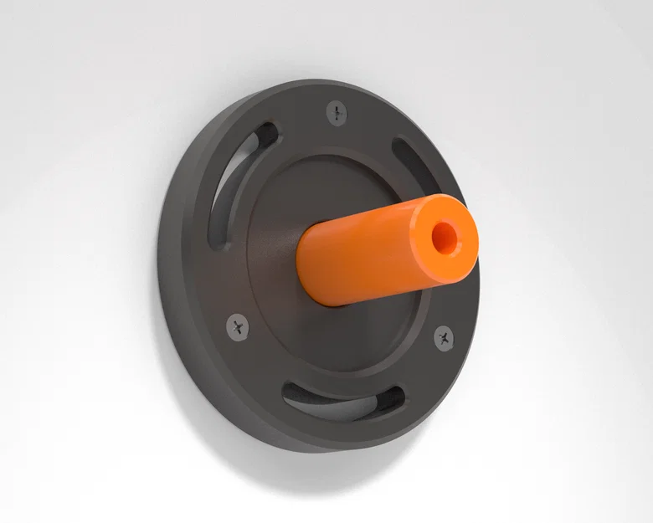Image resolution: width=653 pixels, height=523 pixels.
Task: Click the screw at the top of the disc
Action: click(337, 111)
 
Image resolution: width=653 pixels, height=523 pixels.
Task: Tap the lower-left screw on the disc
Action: click(239, 326)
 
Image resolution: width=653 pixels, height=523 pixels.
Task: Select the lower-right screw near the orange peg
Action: click(444, 338)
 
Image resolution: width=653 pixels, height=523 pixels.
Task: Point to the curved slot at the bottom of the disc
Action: click(343, 402)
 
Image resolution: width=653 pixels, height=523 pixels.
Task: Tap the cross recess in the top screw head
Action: click(337, 111)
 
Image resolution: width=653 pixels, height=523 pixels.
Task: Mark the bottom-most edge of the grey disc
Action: click(310, 450)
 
